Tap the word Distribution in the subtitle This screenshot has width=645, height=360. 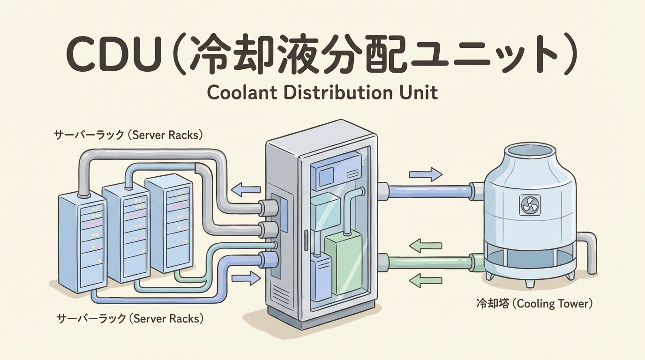[328, 92]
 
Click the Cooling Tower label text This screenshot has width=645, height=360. [534, 304]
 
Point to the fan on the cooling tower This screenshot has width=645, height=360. [530, 205]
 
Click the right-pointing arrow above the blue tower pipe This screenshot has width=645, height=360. [425, 175]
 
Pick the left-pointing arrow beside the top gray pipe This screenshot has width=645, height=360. [247, 189]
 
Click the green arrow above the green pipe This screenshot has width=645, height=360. [425, 245]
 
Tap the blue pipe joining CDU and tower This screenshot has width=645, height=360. [429, 191]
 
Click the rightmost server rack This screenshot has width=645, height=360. [169, 223]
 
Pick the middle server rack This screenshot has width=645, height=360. [126, 232]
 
